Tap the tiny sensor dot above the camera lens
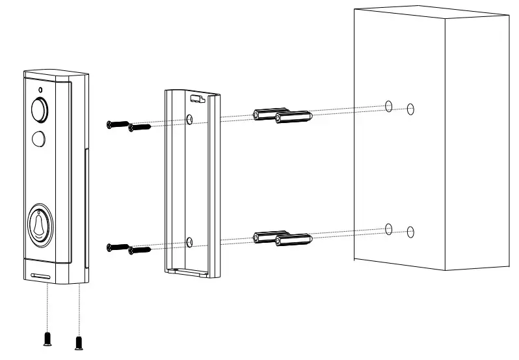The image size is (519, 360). coord(40,89)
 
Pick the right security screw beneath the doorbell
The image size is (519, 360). coord(79,341)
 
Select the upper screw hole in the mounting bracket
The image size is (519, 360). coord(189,119)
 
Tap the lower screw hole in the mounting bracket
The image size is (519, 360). coord(189,242)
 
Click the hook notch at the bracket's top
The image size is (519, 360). coord(196,99)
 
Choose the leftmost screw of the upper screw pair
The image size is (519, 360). coord(117,124)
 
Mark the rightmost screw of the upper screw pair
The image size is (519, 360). coord(139,127)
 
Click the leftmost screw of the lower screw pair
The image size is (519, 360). coord(117,246)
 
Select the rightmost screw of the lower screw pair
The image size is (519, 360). coord(139,249)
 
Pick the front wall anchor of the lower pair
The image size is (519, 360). coord(293,241)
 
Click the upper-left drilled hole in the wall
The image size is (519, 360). coord(388,106)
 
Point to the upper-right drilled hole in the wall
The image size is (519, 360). coord(410,109)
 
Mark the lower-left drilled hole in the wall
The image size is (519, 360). coord(388,228)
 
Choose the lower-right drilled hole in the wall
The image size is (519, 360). coord(410,231)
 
